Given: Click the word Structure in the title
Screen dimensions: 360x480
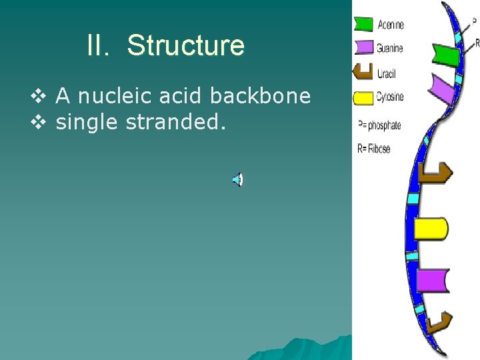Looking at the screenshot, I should [x=185, y=46].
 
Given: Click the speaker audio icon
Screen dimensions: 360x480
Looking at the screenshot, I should [x=237, y=179].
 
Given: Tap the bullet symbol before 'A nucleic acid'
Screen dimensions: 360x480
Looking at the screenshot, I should [x=37, y=97].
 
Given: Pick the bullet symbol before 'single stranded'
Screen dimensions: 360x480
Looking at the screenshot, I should [x=37, y=123].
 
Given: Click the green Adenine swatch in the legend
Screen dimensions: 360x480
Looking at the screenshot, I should [x=363, y=25].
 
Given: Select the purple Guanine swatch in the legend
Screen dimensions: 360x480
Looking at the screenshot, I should [x=363, y=47].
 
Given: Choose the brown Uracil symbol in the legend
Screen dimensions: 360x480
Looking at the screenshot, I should [x=362, y=71].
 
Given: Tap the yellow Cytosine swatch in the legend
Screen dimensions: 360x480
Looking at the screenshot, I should [x=363, y=98].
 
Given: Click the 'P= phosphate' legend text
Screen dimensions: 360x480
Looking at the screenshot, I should [x=379, y=125].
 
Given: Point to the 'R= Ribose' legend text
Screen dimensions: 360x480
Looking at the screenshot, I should [x=374, y=148].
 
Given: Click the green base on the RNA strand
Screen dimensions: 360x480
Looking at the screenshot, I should [x=445, y=55].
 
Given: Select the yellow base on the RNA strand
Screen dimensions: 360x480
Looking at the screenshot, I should [x=430, y=228].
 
